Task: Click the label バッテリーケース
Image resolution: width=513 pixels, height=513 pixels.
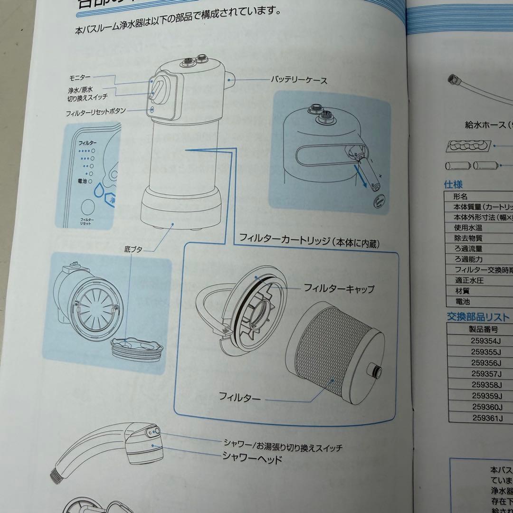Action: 299,80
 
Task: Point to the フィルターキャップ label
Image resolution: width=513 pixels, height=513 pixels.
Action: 339,288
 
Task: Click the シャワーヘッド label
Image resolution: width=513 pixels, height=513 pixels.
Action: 252,459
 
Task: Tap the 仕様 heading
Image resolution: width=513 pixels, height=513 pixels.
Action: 453,184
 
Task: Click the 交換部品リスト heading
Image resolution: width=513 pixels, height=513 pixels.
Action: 477,317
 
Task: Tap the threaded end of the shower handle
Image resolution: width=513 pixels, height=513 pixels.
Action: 55,474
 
